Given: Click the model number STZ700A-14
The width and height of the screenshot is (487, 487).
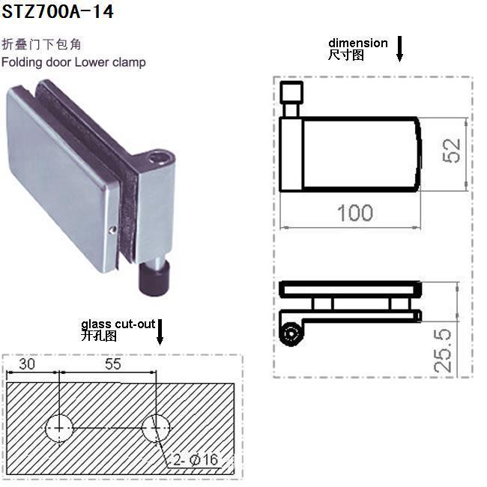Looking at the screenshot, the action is tap(58, 11).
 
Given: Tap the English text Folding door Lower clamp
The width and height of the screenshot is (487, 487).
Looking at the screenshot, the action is tap(73, 62).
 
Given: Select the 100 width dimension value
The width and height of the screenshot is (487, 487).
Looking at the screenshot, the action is tap(355, 213).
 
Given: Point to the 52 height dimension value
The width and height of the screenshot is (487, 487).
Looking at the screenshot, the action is tap(451, 151).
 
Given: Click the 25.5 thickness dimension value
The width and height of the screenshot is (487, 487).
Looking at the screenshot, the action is tap(443, 351).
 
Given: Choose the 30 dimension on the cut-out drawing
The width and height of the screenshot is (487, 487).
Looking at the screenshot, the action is tap(27, 363).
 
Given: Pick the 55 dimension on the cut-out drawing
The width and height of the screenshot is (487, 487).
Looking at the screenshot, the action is tap(112, 363).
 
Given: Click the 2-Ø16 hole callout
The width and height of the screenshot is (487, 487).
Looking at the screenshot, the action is tap(196, 460).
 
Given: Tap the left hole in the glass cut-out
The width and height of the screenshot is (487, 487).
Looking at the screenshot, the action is tap(59, 428).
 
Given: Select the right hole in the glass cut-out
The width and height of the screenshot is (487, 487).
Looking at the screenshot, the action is tap(156, 428).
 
